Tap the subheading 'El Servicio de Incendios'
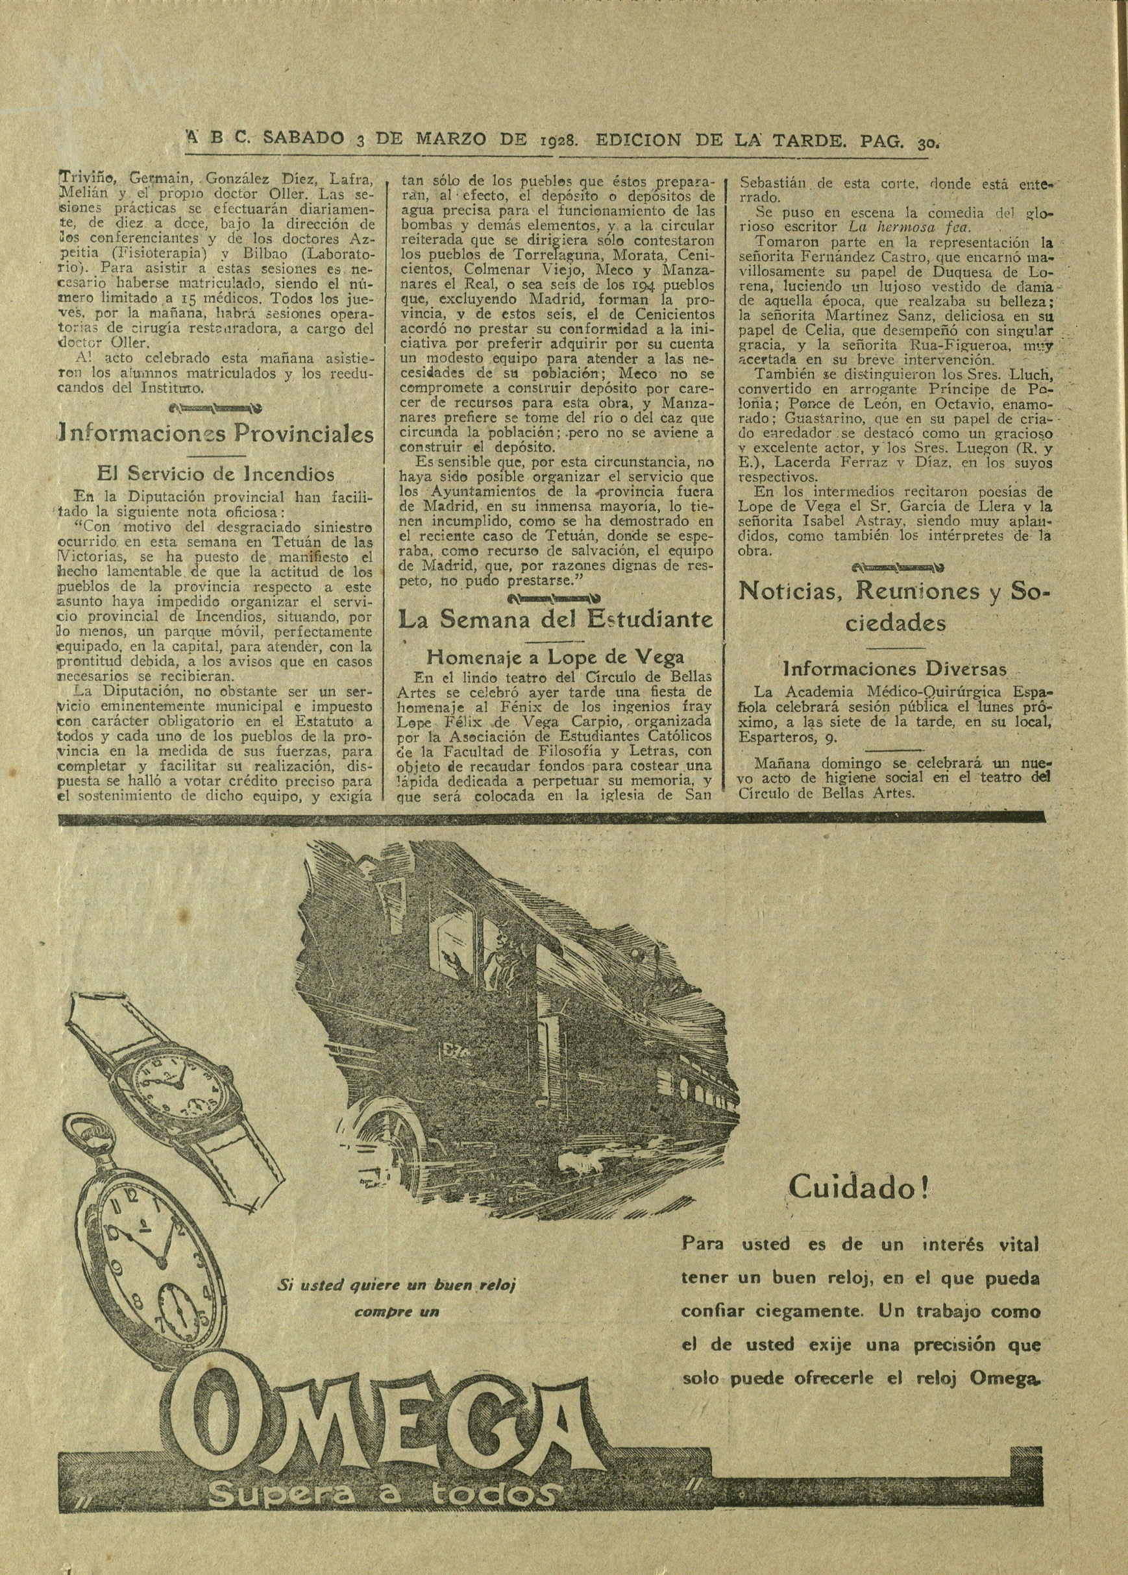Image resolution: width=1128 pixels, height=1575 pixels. click(x=215, y=475)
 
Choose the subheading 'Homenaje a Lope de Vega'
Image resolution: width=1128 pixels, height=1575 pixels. click(x=555, y=657)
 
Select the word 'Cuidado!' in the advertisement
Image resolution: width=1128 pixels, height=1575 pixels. click(x=859, y=1188)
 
